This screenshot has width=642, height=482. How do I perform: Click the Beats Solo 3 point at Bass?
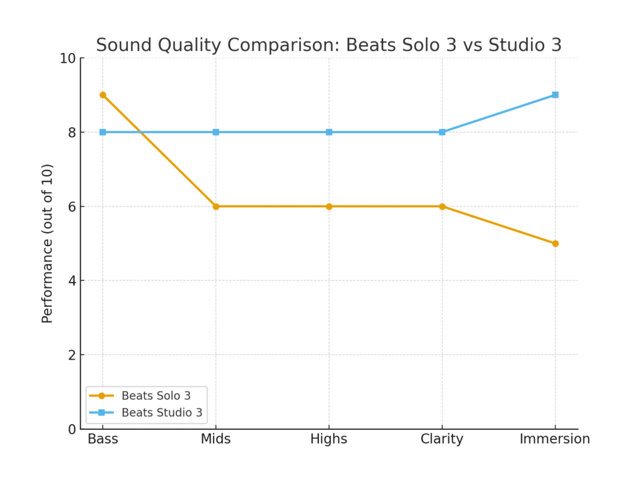point(103,95)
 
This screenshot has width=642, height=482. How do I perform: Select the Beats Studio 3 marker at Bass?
point(103,132)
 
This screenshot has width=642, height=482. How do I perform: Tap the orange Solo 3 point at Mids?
point(216,206)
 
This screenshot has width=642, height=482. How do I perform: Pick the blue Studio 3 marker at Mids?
point(216,132)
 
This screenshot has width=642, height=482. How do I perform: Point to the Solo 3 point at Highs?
point(329,206)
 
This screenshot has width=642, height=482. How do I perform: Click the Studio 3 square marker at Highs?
point(329,132)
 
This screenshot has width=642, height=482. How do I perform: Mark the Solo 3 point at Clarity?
point(442,206)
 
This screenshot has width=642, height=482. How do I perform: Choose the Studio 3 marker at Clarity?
point(442,132)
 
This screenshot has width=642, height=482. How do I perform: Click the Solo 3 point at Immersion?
point(555,244)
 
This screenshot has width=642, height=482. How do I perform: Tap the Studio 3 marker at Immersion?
point(555,95)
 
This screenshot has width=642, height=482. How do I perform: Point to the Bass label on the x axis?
point(103,439)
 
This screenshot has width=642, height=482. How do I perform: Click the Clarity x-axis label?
point(442,439)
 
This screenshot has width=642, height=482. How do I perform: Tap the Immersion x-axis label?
point(555,439)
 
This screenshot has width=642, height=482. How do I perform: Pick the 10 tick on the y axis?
point(68,58)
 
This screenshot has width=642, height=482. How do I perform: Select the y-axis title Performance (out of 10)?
point(48,244)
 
